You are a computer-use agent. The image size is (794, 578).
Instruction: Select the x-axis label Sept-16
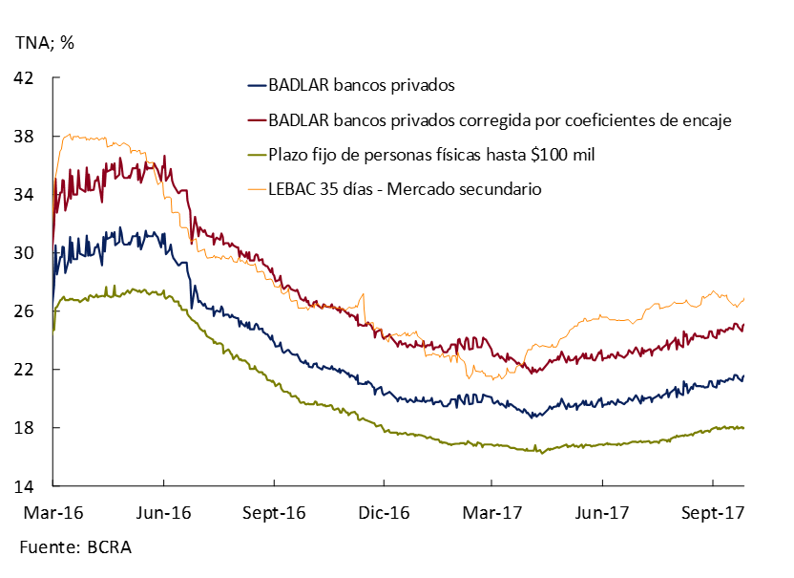coord(273,513)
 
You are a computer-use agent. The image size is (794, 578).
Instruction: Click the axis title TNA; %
coord(44,42)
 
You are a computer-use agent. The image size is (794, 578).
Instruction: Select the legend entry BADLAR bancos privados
coord(361,85)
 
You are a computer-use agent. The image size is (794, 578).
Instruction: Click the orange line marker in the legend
coord(257,189)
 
